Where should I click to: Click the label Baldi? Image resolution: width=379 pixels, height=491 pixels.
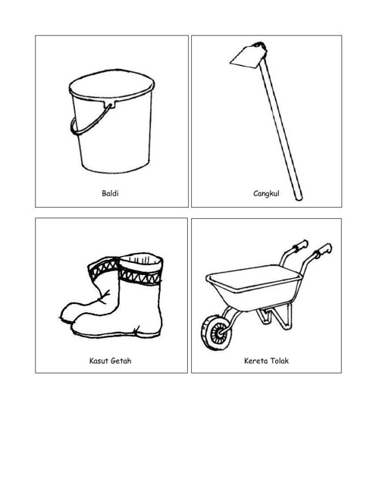coord(110,193)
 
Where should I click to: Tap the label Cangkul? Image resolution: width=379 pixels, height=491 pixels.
coord(266,193)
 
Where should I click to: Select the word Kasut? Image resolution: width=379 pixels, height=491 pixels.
coord(98,361)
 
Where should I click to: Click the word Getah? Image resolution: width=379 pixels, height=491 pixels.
coord(121,361)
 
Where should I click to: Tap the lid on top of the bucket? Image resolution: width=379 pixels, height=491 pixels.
coord(111,84)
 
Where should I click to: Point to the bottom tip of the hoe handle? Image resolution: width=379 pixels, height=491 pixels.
coord(299,199)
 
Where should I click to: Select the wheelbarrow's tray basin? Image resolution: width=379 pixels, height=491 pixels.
coord(254,286)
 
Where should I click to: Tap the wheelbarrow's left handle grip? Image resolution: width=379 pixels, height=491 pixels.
coord(300,245)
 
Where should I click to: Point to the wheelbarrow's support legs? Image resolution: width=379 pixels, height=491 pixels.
coord(274,317)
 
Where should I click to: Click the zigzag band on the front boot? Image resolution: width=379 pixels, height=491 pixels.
coord(139,277)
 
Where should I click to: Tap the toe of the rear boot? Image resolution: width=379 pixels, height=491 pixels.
coord(67,312)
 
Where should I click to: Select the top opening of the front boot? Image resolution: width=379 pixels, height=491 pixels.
coord(142,260)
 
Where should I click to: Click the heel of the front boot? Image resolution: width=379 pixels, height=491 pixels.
coord(149,331)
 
